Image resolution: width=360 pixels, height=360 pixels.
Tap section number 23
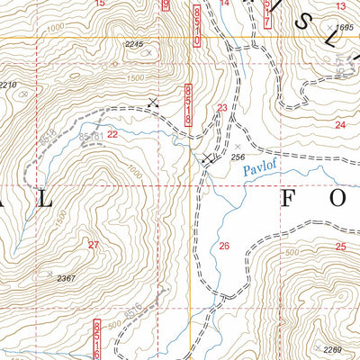(222, 108)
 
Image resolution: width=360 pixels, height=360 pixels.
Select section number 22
(112, 133)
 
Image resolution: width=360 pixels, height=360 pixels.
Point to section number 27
(93, 245)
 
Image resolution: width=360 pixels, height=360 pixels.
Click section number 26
(224, 245)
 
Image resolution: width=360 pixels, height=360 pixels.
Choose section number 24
(339, 124)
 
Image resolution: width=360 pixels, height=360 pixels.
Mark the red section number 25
(340, 246)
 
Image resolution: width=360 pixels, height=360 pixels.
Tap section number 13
(340, 6)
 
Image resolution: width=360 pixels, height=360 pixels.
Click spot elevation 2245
(135, 44)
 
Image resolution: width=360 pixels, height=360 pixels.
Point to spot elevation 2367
(66, 279)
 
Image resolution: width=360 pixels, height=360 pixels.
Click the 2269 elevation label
(333, 349)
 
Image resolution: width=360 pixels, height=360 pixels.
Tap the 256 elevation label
(238, 157)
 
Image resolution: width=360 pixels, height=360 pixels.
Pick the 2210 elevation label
(8, 85)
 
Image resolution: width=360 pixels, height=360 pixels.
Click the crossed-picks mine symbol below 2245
(154, 103)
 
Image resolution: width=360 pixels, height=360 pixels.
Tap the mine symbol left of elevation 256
(209, 158)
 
